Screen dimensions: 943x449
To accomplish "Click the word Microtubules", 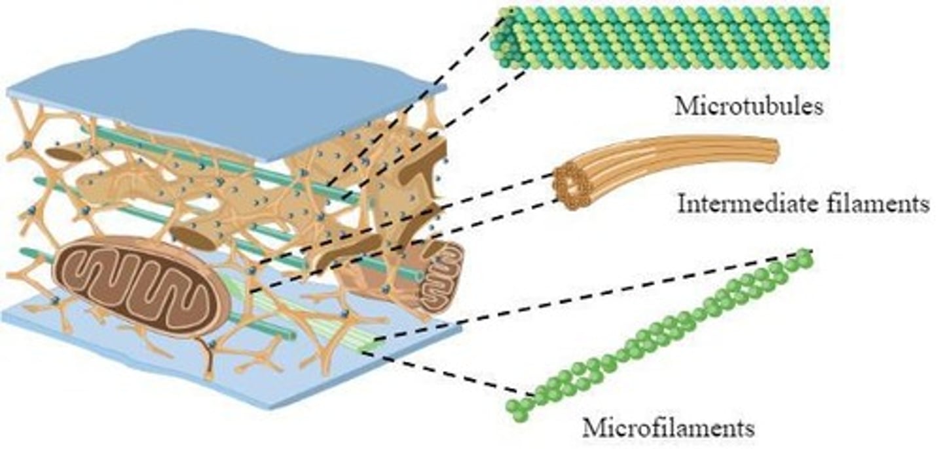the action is coord(749,106).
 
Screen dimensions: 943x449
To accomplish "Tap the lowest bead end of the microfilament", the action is coord(517,411).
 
